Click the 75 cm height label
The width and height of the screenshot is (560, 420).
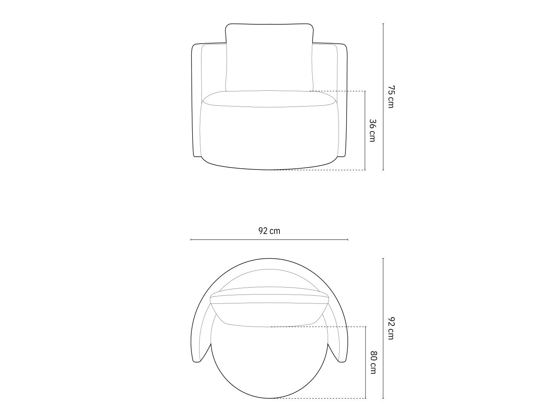391,97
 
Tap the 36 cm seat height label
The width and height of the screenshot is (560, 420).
372,130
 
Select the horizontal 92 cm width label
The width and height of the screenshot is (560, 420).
269,231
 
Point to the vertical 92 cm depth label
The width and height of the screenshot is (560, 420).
391,329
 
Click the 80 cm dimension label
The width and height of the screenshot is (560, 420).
373,362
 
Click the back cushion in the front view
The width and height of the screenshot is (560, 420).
269,58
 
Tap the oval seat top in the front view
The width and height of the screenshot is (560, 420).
269,99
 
